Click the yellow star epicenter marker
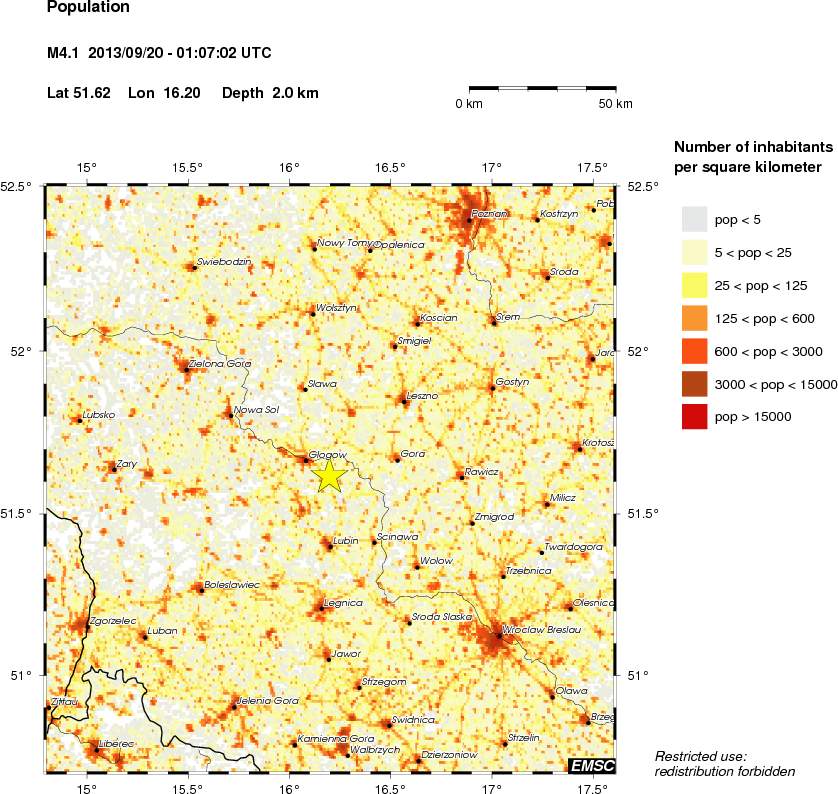[x=329, y=475]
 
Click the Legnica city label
[x=343, y=603]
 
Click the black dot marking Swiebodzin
[x=194, y=267]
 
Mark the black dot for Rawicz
[x=461, y=476]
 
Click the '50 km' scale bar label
[x=615, y=104]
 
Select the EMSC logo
[x=591, y=766]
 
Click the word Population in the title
[x=89, y=8]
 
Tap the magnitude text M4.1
[x=64, y=52]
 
